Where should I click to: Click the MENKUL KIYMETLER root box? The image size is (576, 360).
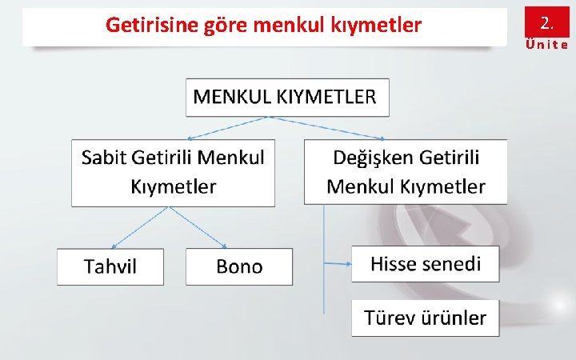click(x=287, y=98)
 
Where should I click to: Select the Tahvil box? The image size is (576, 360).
click(x=110, y=267)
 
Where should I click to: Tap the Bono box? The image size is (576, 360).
click(x=239, y=267)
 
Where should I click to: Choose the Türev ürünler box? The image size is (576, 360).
click(x=425, y=318)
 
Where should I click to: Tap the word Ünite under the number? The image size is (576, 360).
click(x=546, y=45)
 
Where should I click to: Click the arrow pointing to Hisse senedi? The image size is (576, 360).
click(x=337, y=262)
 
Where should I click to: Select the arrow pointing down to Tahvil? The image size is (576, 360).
click(x=139, y=226)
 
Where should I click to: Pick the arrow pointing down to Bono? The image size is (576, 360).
click(x=198, y=226)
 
